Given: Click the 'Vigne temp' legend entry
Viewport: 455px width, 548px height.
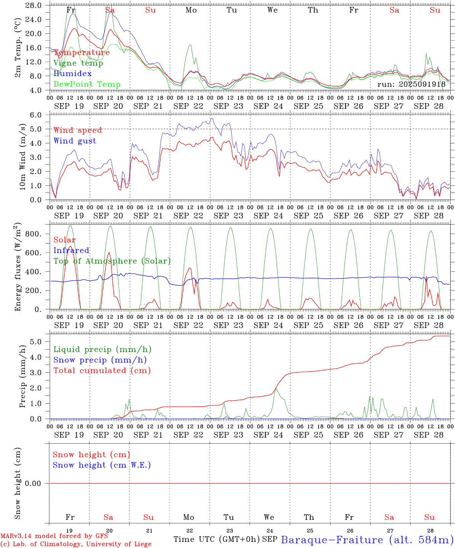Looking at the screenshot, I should pyautogui.click(x=78, y=63).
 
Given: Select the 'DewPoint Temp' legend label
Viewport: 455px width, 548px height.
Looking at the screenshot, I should pyautogui.click(x=87, y=84).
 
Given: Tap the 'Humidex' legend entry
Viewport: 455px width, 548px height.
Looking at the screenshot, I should pyautogui.click(x=72, y=74).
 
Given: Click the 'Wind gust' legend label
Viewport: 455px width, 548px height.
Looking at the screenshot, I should pyautogui.click(x=75, y=141).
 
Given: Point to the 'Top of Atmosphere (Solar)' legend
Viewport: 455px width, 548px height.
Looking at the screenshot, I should pyautogui.click(x=112, y=261).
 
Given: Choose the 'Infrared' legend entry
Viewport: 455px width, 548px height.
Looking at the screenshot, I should pyautogui.click(x=71, y=250).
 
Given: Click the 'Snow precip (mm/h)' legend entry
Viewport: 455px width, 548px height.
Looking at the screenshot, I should pyautogui.click(x=100, y=360).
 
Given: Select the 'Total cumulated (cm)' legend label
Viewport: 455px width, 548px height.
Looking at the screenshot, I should pyautogui.click(x=102, y=371).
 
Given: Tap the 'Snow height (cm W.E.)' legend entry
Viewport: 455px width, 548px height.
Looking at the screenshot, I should pyautogui.click(x=102, y=465).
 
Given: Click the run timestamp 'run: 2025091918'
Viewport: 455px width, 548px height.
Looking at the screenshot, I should pyautogui.click(x=411, y=84).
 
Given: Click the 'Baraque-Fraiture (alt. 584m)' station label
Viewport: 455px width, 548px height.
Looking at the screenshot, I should pyautogui.click(x=367, y=540).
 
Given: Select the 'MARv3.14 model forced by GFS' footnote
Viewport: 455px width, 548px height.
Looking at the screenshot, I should pyautogui.click(x=54, y=536).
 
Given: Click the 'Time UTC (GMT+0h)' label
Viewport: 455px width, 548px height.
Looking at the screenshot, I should pyautogui.click(x=216, y=539).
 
